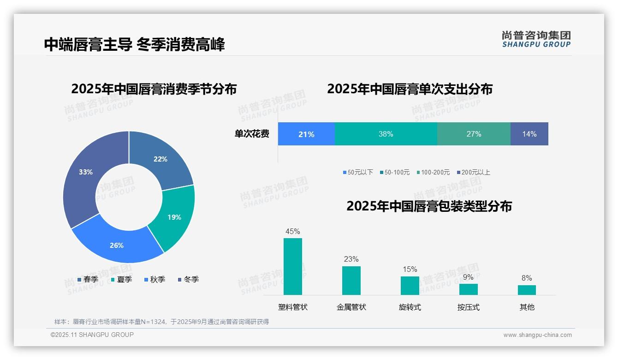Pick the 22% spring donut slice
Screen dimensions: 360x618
pyautogui.click(x=161, y=159)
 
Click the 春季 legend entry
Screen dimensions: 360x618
pyautogui.click(x=88, y=279)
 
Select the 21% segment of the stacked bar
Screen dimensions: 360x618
pyautogui.click(x=306, y=134)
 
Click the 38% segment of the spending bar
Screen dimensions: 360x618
pyautogui.click(x=386, y=134)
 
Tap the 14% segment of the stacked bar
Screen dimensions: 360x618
pyautogui.click(x=529, y=134)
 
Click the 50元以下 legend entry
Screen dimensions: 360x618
pyautogui.click(x=358, y=172)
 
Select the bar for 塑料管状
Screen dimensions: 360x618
pyautogui.click(x=293, y=266)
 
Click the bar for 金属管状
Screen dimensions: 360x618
pyautogui.click(x=351, y=280)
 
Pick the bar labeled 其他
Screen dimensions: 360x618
pyautogui.click(x=527, y=290)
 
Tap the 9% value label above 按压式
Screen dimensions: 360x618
pyautogui.click(x=468, y=277)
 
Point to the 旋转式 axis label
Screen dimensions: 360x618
pyautogui.click(x=410, y=307)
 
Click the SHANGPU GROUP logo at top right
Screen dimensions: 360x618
pyautogui.click(x=536, y=39)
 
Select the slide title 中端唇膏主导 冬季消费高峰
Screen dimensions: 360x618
pyautogui.click(x=134, y=45)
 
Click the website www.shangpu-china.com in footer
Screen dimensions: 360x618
pyautogui.click(x=537, y=335)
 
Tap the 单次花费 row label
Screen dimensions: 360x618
pyautogui.click(x=252, y=134)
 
